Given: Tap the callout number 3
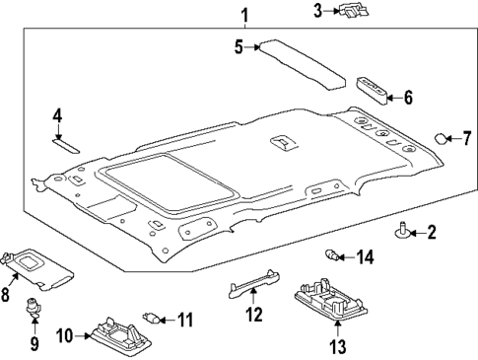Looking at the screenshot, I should (318, 11).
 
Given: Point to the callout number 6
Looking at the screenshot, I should (408, 97).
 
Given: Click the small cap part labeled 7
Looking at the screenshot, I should (443, 138).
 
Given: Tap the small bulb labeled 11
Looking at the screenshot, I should (153, 318).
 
